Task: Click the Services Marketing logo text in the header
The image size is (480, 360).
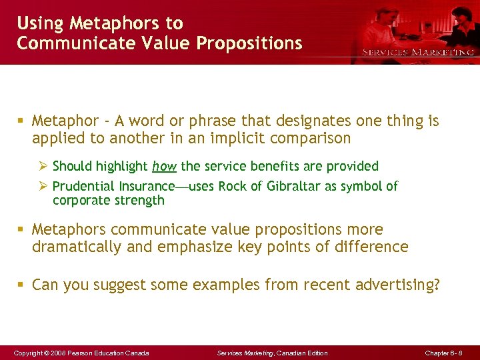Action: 418,52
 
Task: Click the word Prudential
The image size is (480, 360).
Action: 83,186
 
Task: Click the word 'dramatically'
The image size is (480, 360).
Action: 75,247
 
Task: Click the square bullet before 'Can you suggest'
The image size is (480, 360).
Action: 22,285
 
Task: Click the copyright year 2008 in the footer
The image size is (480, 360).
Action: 56,353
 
